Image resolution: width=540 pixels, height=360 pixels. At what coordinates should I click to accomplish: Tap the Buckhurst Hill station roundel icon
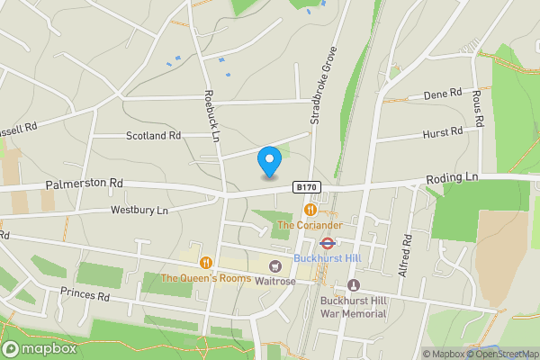point(328,242)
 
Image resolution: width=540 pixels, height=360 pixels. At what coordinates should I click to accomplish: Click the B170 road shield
point(305,187)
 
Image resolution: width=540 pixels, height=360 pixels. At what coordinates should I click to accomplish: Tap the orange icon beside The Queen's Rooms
point(206,263)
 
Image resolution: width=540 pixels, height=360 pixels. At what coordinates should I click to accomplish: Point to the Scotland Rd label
point(153,136)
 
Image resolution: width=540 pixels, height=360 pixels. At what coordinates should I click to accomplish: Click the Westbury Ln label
point(139,211)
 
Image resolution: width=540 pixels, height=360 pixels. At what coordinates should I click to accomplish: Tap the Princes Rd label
point(85,294)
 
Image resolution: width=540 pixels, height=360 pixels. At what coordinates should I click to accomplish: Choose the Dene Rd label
point(442,94)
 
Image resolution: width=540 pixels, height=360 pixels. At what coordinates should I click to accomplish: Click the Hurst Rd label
point(442,132)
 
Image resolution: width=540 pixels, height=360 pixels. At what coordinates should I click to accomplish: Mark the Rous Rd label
point(479,108)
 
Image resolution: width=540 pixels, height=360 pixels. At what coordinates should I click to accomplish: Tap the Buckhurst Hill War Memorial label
point(354,307)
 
